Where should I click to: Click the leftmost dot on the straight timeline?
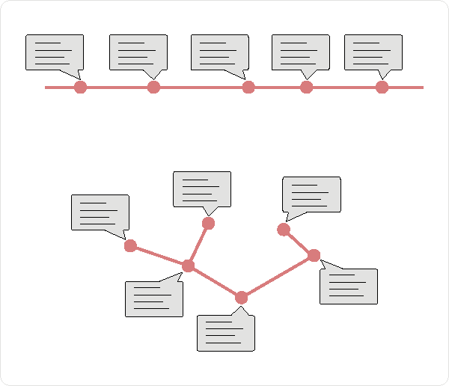click(81, 88)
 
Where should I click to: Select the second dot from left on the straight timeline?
click(153, 88)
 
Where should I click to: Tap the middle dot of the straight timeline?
click(248, 88)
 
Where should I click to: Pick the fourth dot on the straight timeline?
click(306, 88)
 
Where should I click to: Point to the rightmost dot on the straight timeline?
click(382, 88)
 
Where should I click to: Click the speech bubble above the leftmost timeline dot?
click(55, 52)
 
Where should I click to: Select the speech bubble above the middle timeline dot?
click(219, 52)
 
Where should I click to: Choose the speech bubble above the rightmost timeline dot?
click(373, 52)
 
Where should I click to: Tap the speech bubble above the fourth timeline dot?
click(300, 52)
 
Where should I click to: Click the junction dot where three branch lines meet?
click(188, 266)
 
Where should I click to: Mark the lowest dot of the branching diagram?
click(241, 298)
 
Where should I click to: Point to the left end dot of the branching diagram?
click(130, 245)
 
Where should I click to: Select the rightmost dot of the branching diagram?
click(314, 256)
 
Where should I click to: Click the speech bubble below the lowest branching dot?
click(225, 333)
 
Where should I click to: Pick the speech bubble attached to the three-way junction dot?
click(153, 299)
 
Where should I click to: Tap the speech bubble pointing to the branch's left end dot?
click(100, 212)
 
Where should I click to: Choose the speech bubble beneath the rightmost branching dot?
click(349, 287)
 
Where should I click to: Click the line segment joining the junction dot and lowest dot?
click(215, 282)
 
